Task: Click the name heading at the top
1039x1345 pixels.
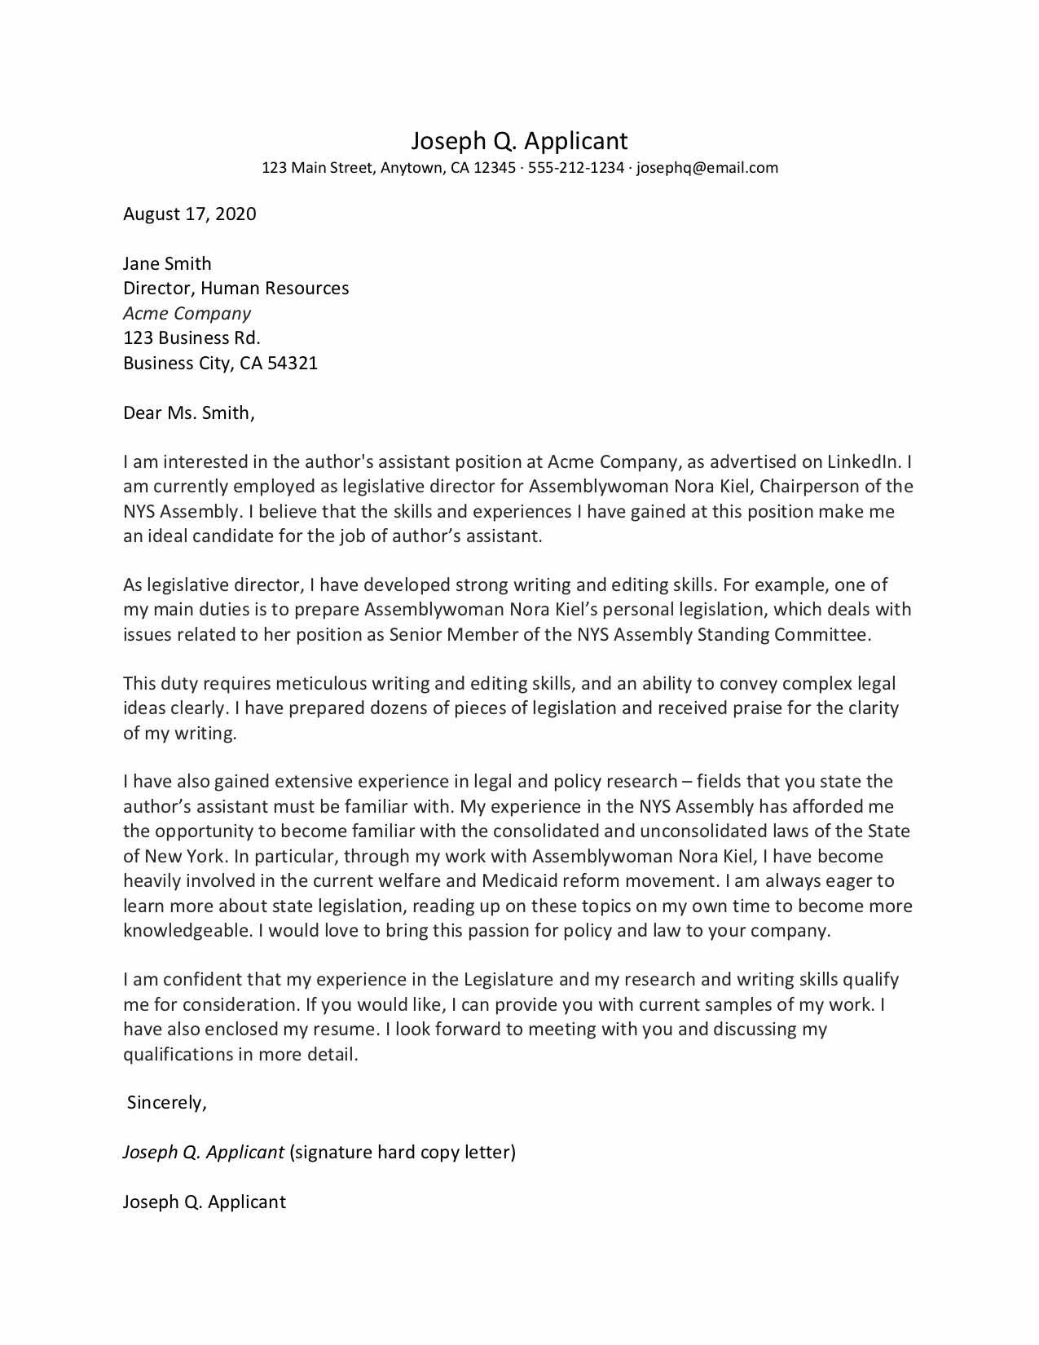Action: pyautogui.click(x=519, y=141)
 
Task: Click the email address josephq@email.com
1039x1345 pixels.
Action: pyautogui.click(x=707, y=169)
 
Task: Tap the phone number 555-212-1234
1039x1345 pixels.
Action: pyautogui.click(x=575, y=169)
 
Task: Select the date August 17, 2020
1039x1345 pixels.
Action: pyautogui.click(x=189, y=214)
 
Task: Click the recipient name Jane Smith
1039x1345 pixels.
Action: pyautogui.click(x=167, y=263)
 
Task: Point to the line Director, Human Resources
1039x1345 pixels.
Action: pyautogui.click(x=236, y=289)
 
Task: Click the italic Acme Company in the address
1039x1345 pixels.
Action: pyautogui.click(x=187, y=314)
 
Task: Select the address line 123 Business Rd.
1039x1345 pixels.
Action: pyautogui.click(x=192, y=338)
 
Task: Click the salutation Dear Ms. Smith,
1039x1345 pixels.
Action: pyautogui.click(x=189, y=413)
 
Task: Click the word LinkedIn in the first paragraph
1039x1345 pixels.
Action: pyautogui.click(x=865, y=462)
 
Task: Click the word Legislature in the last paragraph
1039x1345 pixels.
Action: pyautogui.click(x=508, y=980)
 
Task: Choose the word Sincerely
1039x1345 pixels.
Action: pyautogui.click(x=167, y=1103)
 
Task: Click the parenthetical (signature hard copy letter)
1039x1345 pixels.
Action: pyautogui.click(x=403, y=1153)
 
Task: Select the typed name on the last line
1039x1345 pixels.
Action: pyautogui.click(x=205, y=1202)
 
